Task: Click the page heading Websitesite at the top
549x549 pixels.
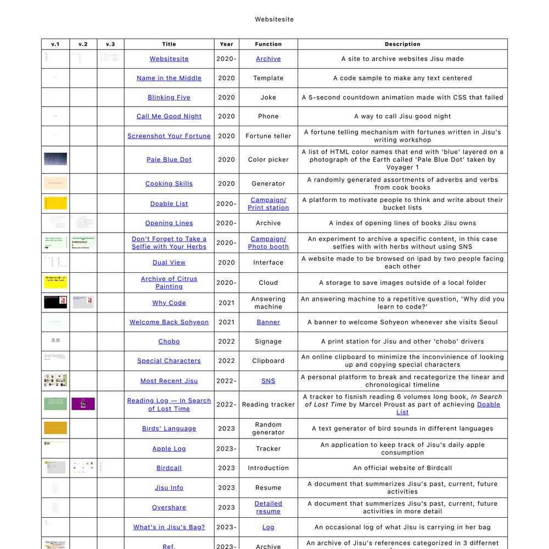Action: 274,19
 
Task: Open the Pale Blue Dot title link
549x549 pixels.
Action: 169,160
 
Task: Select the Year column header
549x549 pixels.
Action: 226,44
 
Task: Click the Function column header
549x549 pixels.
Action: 268,44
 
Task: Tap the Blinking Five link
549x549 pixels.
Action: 169,97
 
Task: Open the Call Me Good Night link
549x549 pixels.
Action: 169,116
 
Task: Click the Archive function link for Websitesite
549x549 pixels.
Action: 268,59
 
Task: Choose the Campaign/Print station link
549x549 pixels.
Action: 268,204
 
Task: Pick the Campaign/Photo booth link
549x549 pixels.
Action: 268,243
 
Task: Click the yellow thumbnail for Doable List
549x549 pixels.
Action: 55,203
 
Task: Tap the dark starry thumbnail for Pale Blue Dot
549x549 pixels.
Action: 55,159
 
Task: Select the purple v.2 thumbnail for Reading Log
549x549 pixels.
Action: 83,404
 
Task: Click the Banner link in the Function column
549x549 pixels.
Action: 268,322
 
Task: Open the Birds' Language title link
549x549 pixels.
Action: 169,429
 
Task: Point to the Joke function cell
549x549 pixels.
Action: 268,97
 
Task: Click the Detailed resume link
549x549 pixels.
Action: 268,507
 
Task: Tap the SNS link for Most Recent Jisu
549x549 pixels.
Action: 268,381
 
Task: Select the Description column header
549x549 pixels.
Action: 402,44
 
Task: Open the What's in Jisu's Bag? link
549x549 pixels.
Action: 169,527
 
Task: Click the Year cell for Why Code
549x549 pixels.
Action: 226,302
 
